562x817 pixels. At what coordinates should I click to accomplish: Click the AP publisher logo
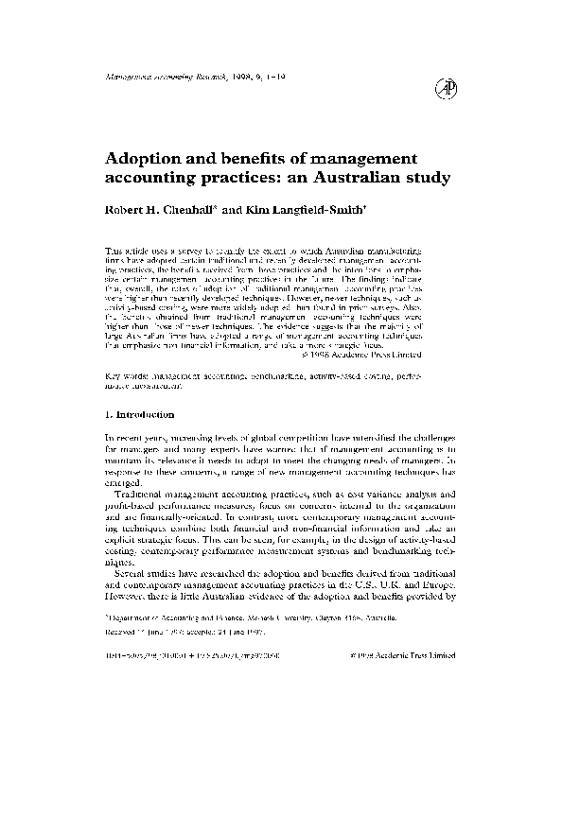(445, 87)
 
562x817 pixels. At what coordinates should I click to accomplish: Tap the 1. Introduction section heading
(140, 415)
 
